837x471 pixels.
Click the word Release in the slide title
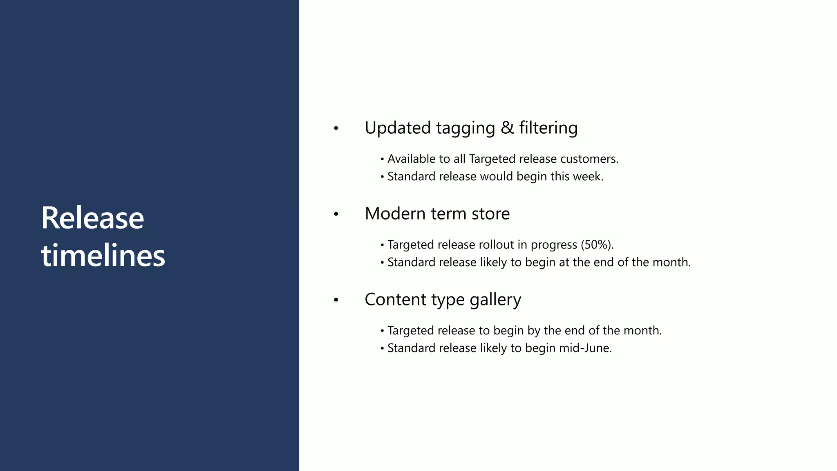point(92,218)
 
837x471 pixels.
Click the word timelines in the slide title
point(103,256)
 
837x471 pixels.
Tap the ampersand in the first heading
point(507,128)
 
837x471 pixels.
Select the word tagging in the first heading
point(465,128)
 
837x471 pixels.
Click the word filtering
point(548,128)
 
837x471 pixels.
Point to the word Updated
point(398,128)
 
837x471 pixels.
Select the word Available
point(411,159)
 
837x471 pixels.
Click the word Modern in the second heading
point(395,213)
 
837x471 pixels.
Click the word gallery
point(495,300)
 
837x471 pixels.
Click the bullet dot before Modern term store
point(336,214)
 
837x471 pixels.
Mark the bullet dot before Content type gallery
point(336,300)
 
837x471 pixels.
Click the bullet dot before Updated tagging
point(336,128)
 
